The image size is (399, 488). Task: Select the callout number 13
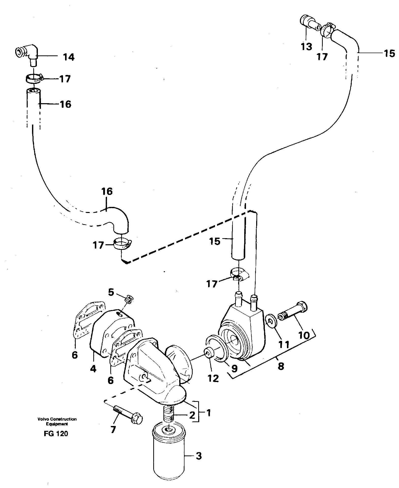click(x=306, y=47)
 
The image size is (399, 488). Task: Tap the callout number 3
click(x=199, y=455)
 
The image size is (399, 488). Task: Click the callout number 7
click(x=113, y=429)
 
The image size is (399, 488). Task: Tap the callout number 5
click(x=111, y=292)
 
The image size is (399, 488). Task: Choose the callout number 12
click(x=213, y=386)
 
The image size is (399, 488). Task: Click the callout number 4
click(x=93, y=368)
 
